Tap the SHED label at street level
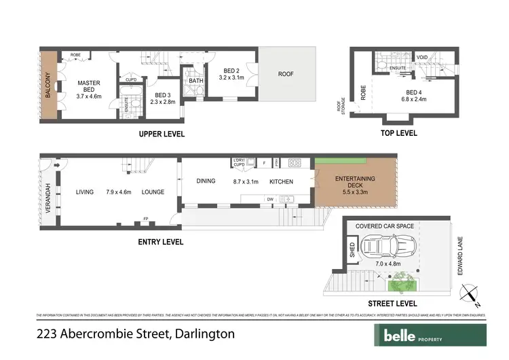(352, 249)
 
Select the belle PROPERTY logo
(430, 334)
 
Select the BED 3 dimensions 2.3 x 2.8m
(162, 103)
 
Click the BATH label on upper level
(196, 82)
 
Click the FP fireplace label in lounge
(145, 219)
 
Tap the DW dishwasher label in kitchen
(270, 199)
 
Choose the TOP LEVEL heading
(397, 134)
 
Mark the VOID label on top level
(421, 57)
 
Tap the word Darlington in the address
(204, 334)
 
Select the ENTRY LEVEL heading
(162, 241)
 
